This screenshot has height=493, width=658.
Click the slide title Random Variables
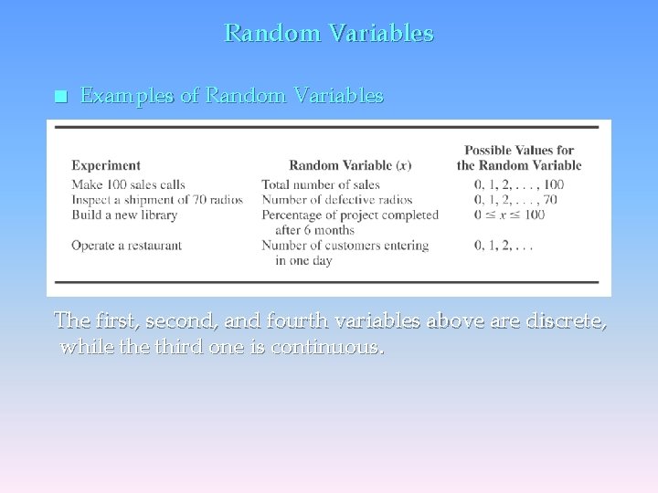(329, 34)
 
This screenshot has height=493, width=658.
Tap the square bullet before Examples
(60, 97)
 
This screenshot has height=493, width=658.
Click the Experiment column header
(106, 165)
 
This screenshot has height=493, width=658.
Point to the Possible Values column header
(519, 158)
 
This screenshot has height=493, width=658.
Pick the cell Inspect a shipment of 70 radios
(157, 200)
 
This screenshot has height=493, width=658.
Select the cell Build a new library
(124, 215)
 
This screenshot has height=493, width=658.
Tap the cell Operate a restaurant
(127, 246)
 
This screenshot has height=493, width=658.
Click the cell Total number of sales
(321, 184)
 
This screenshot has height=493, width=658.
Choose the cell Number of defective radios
(337, 200)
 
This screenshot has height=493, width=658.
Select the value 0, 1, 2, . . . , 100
(519, 184)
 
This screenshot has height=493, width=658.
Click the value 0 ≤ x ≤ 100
(510, 215)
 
